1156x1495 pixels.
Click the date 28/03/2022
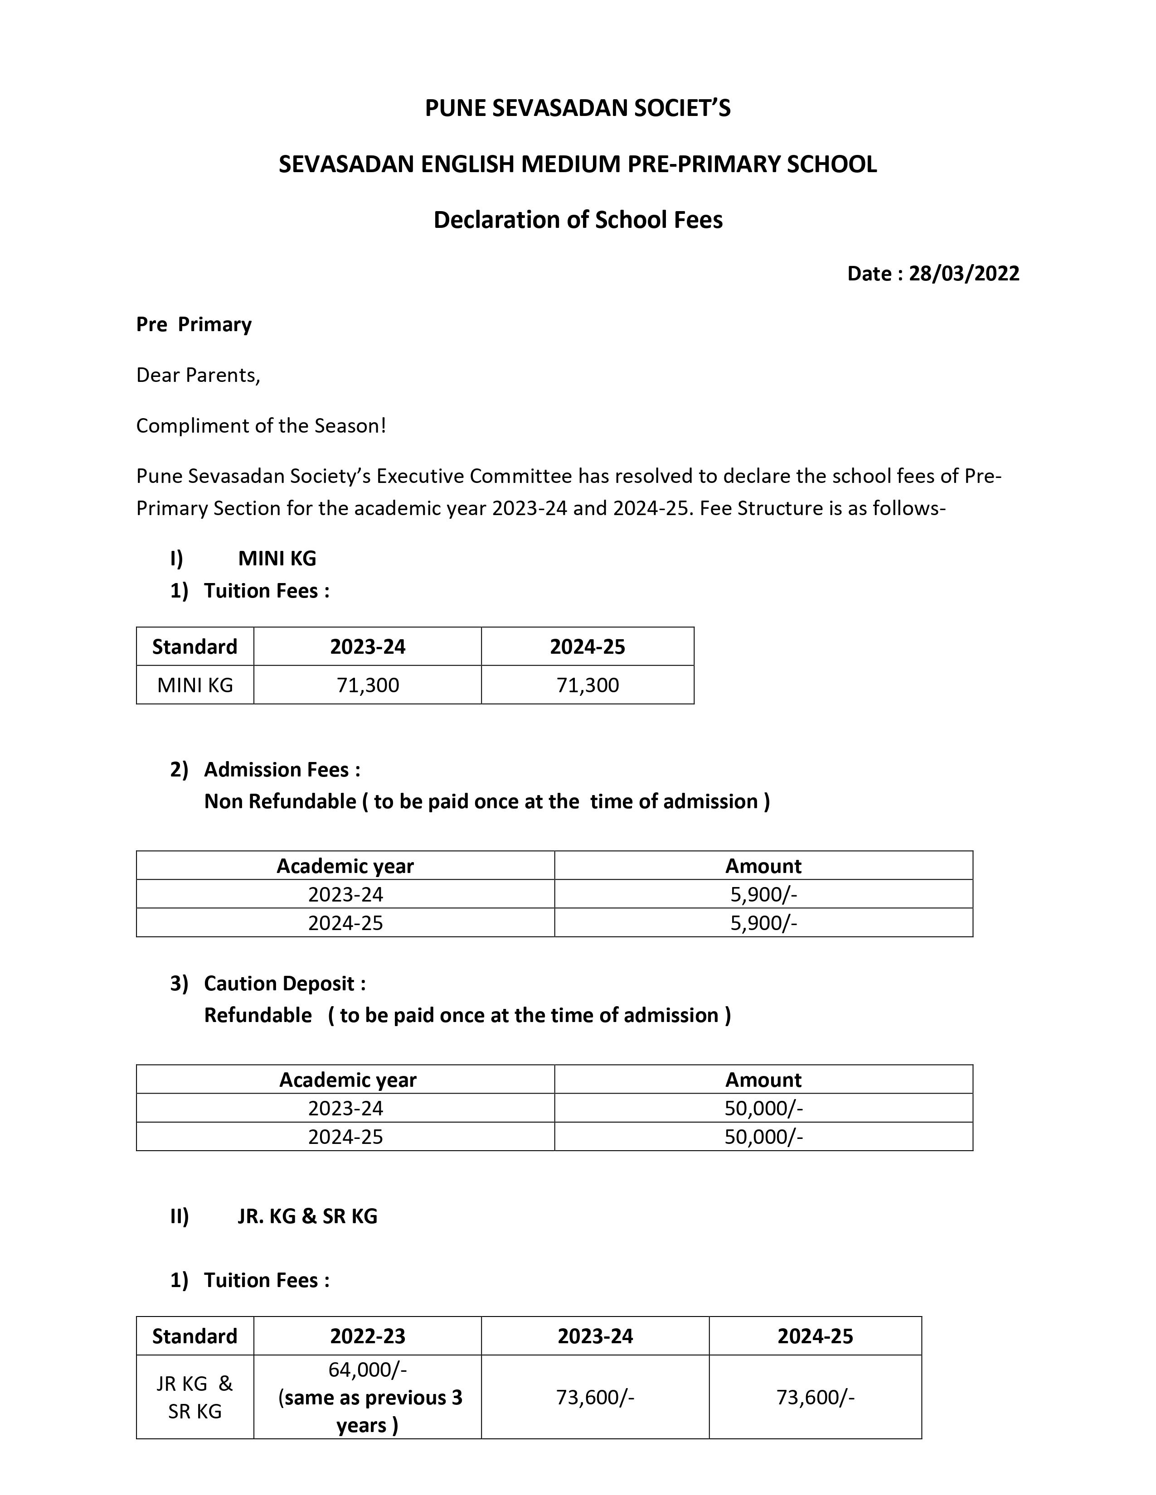964,274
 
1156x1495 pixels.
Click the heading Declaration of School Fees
578,220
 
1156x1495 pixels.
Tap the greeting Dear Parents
198,375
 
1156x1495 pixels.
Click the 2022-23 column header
368,1336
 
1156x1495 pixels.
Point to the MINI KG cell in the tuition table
195,685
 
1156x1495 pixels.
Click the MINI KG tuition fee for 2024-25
588,685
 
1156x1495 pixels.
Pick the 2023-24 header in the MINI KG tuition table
368,647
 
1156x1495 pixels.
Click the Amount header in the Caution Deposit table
763,1080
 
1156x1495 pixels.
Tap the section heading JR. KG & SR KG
307,1216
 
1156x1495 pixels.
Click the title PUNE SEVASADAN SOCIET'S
578,108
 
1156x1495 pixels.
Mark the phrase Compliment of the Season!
261,426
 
